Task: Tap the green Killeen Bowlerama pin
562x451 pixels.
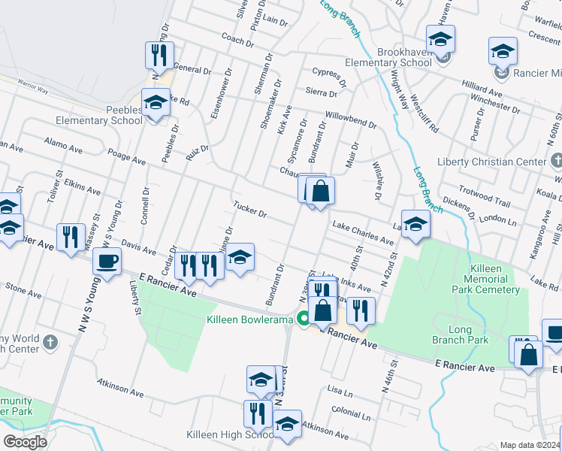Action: tap(304, 319)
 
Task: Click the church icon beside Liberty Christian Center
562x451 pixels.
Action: tap(556, 161)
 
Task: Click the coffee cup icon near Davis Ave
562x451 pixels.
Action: tap(107, 261)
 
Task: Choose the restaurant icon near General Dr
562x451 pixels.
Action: tap(159, 54)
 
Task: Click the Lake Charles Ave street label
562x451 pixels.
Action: tap(364, 233)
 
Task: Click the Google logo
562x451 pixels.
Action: tap(25, 442)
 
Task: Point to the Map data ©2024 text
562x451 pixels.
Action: tap(530, 445)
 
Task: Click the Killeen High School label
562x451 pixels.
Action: tap(230, 435)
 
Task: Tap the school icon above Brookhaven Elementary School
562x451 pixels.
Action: tap(440, 38)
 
